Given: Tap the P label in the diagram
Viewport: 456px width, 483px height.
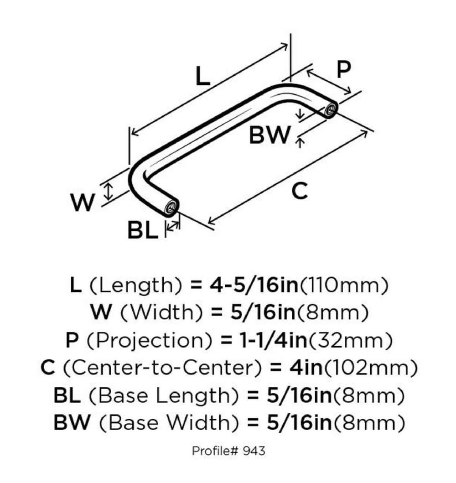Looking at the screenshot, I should (x=343, y=69).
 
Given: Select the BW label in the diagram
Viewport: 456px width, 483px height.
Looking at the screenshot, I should (x=269, y=135).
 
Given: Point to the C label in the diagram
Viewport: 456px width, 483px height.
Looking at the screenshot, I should (x=299, y=191).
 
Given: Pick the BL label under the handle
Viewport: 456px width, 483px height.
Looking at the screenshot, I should (x=142, y=231).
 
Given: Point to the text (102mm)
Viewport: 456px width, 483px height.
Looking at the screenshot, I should (x=390, y=368).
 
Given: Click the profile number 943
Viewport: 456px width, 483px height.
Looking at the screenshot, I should (x=254, y=451).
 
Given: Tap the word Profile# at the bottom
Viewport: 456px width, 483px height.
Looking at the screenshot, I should (x=215, y=451).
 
